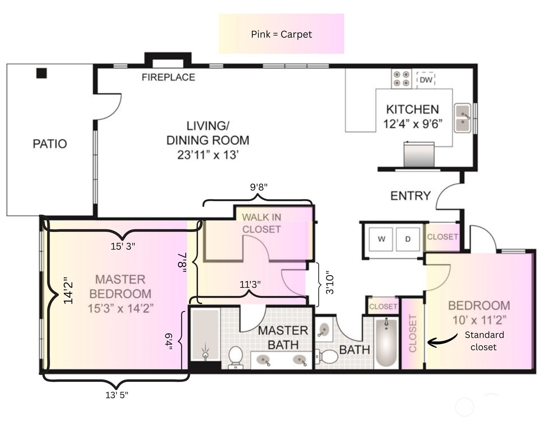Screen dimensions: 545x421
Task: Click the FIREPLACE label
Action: (x=168, y=77)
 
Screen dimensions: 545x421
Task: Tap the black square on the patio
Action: (x=41, y=73)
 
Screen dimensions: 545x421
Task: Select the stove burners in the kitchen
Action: (x=401, y=79)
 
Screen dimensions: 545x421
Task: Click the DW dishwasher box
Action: (x=426, y=80)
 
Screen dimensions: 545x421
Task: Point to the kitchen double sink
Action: (x=462, y=118)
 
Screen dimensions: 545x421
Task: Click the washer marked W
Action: (x=381, y=239)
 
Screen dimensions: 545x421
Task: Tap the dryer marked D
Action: (x=408, y=239)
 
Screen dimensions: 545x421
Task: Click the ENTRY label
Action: (x=410, y=196)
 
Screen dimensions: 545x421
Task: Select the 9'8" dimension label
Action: (x=259, y=187)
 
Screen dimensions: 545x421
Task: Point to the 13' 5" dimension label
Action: (x=117, y=395)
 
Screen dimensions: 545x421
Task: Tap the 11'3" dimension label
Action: (x=250, y=284)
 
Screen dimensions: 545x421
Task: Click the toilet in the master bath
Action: (x=235, y=357)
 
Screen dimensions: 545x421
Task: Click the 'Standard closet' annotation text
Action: (x=484, y=341)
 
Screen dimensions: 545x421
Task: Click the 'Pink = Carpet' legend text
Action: (x=281, y=34)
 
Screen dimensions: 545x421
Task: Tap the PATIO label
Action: (x=50, y=144)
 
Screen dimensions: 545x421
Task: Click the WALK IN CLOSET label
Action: (x=261, y=223)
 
